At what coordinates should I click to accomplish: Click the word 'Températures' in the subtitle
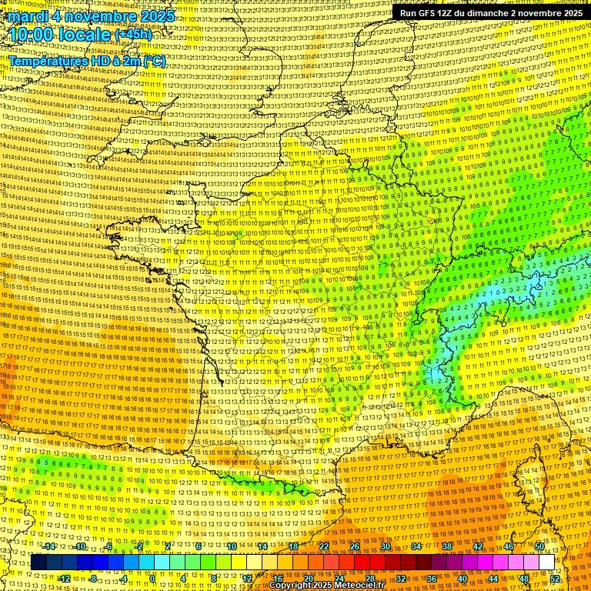pyautogui.click(x=46, y=61)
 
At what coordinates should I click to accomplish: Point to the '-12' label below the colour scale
pyautogui.click(x=64, y=579)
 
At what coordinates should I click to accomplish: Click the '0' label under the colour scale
pyautogui.click(x=153, y=579)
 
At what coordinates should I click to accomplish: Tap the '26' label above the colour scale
pyautogui.click(x=355, y=546)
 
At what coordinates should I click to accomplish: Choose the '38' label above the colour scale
pyautogui.click(x=447, y=546)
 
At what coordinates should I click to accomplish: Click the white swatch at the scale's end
pyautogui.click(x=547, y=563)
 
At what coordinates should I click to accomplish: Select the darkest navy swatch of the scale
pyautogui.click(x=38, y=563)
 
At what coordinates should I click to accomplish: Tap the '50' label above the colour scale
pyautogui.click(x=539, y=546)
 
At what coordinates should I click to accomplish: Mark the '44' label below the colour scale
pyautogui.click(x=493, y=579)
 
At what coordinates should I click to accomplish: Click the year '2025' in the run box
pyautogui.click(x=570, y=12)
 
